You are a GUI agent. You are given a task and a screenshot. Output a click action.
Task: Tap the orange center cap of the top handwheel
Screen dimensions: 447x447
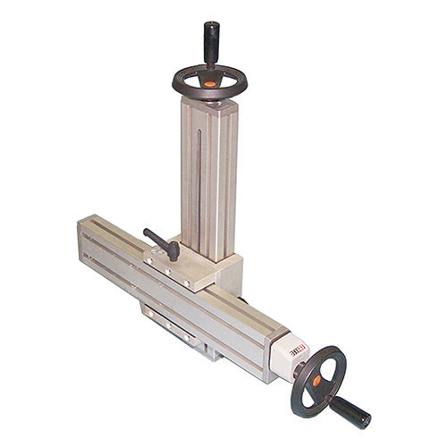(208, 83)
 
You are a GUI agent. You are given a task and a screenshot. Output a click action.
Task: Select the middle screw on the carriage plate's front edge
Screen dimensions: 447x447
(169, 274)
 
